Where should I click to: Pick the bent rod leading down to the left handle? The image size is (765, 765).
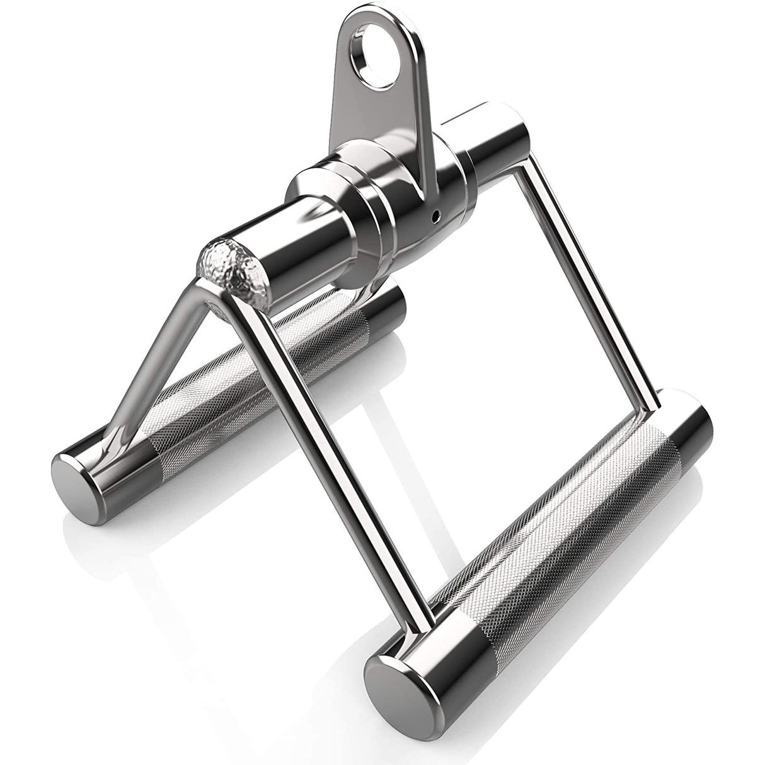click(158, 365)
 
